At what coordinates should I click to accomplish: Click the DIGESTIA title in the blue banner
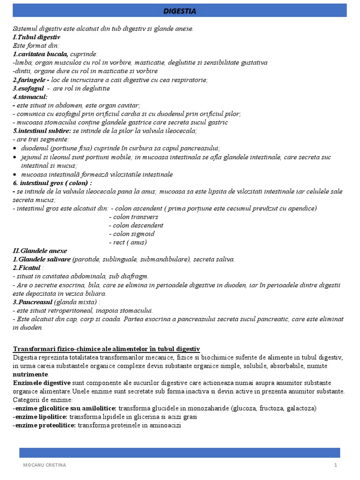click(180, 11)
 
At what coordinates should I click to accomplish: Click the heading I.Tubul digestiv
click(36, 37)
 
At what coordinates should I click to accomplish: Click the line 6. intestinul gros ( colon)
click(52, 183)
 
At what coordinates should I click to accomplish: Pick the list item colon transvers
click(134, 217)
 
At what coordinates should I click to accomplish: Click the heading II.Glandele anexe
click(40, 251)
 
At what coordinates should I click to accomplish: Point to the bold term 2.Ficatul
click(27, 268)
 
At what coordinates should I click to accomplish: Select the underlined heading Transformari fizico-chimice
click(106, 349)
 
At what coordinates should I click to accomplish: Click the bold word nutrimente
click(30, 375)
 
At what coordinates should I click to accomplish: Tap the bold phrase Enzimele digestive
click(42, 383)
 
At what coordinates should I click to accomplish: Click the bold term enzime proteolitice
click(45, 425)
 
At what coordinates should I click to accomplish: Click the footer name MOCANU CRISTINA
click(45, 465)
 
